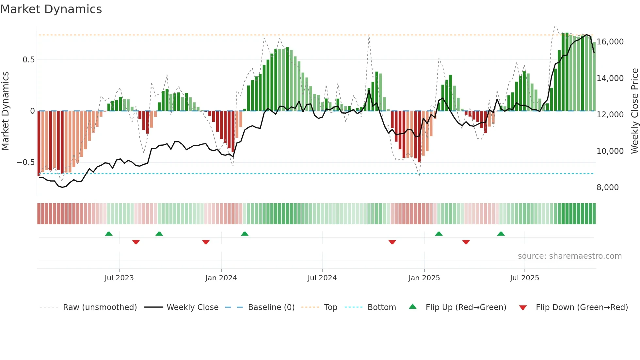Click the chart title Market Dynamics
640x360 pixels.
(x=51, y=9)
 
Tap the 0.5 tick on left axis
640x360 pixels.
(x=28, y=60)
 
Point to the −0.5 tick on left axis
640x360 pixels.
(x=25, y=162)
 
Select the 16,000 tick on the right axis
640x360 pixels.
(x=610, y=42)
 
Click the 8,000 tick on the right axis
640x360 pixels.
(x=607, y=188)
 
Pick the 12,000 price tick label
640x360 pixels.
(x=610, y=115)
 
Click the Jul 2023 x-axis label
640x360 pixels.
(x=119, y=278)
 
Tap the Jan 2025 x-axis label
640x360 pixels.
(x=424, y=278)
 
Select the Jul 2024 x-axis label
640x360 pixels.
(x=322, y=278)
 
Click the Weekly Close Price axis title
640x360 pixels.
(x=634, y=111)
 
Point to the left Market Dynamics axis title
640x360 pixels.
(x=5, y=111)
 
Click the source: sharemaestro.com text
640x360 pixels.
(x=569, y=256)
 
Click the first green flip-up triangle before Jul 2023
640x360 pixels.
(x=109, y=234)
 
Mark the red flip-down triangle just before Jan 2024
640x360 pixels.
(x=206, y=242)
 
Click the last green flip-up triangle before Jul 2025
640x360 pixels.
(x=501, y=234)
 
